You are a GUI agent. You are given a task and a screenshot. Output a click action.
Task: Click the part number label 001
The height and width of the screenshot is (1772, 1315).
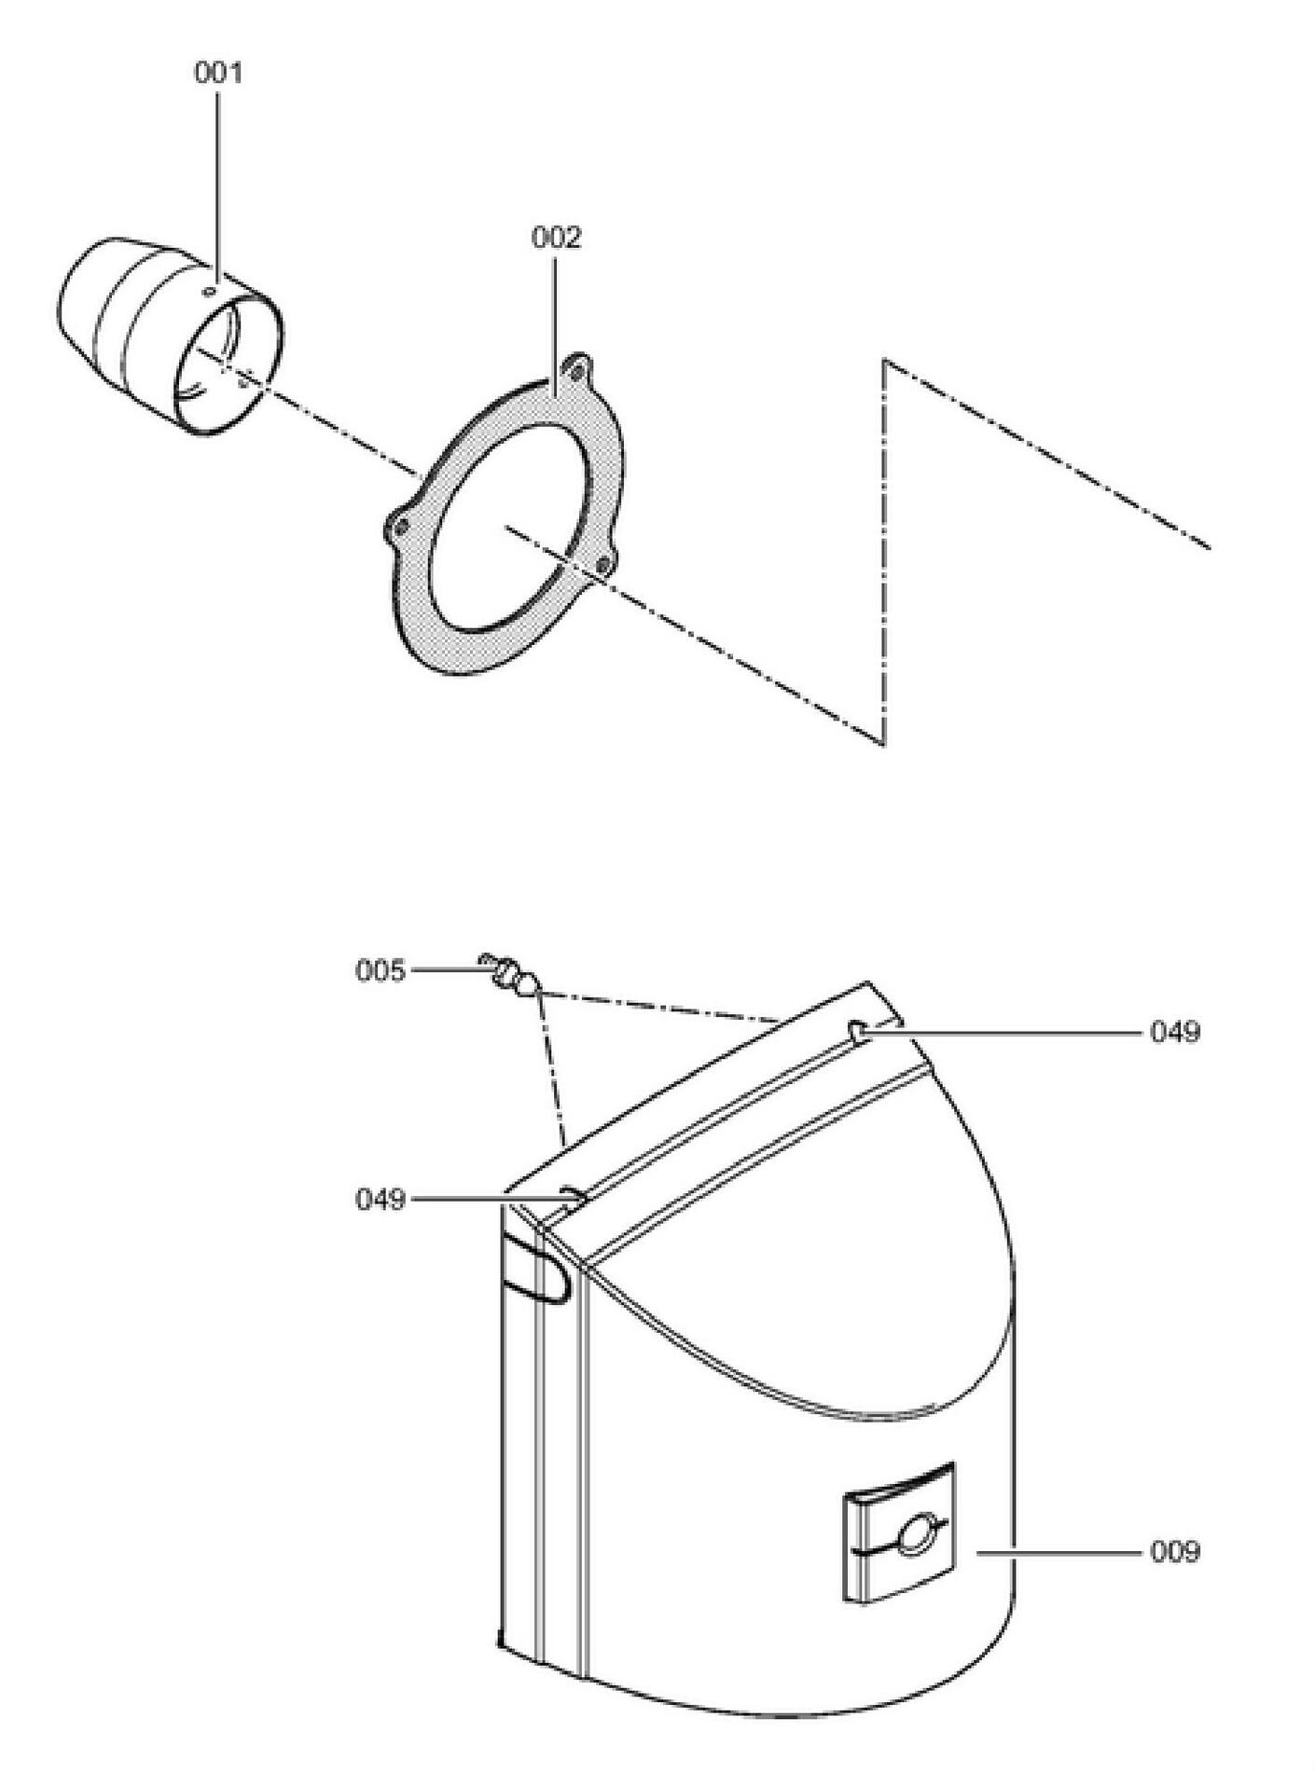[x=218, y=74]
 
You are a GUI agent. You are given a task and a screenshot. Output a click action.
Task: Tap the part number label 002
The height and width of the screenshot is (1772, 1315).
[x=556, y=238]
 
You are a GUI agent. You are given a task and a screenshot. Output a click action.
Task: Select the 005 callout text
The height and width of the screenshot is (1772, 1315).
[x=381, y=971]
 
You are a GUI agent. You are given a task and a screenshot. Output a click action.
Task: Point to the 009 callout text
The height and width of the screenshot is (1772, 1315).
[x=1175, y=1552]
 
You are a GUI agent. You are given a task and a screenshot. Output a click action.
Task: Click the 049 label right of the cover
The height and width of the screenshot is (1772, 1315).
[x=1175, y=1032]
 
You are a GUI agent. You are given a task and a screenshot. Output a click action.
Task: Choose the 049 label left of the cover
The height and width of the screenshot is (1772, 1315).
[x=381, y=1199]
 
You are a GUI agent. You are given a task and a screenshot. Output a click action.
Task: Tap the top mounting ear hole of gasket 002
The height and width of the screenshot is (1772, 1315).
[x=577, y=370]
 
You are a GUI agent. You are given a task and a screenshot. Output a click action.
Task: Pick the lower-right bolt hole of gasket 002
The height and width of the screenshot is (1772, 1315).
[x=602, y=563]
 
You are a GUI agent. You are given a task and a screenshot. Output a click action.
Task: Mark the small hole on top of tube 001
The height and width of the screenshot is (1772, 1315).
[x=211, y=291]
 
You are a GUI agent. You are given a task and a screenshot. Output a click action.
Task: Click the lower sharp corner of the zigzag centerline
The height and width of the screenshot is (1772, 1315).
[x=883, y=745]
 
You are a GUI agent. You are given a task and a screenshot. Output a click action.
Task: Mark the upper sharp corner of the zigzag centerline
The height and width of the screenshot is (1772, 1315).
[x=884, y=360]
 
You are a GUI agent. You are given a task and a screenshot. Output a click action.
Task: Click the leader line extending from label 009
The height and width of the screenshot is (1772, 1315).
[x=1059, y=1553]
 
